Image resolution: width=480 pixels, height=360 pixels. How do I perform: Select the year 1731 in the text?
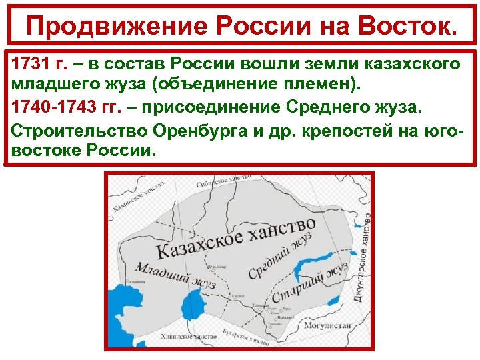pyautogui.click(x=28, y=63)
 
